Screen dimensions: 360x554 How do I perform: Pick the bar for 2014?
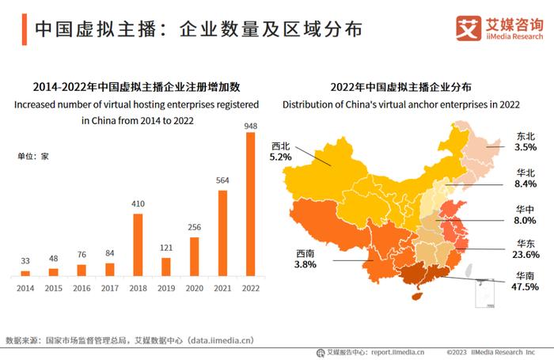pos(25,273)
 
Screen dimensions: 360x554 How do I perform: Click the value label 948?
pos(251,125)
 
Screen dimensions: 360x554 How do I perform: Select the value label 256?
pos(195,228)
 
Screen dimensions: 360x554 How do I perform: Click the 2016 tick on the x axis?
pos(82,288)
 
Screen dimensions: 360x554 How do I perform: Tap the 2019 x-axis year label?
pos(166,288)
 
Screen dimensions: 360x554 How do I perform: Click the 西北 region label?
pos(281,146)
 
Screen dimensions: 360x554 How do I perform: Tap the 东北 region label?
pos(526,136)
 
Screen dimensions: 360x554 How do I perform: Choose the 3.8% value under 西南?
pos(305,265)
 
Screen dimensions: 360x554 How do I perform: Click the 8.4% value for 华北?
pos(525,184)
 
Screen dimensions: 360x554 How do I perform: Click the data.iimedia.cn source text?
pos(215,340)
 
